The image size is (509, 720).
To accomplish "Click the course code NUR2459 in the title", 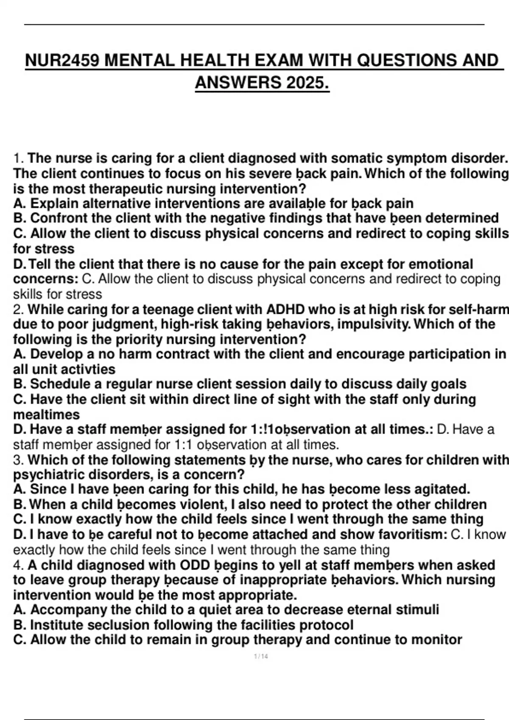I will (x=62, y=61).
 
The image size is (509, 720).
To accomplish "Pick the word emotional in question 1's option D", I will (x=441, y=264).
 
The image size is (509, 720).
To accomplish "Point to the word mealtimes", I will (x=47, y=414).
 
